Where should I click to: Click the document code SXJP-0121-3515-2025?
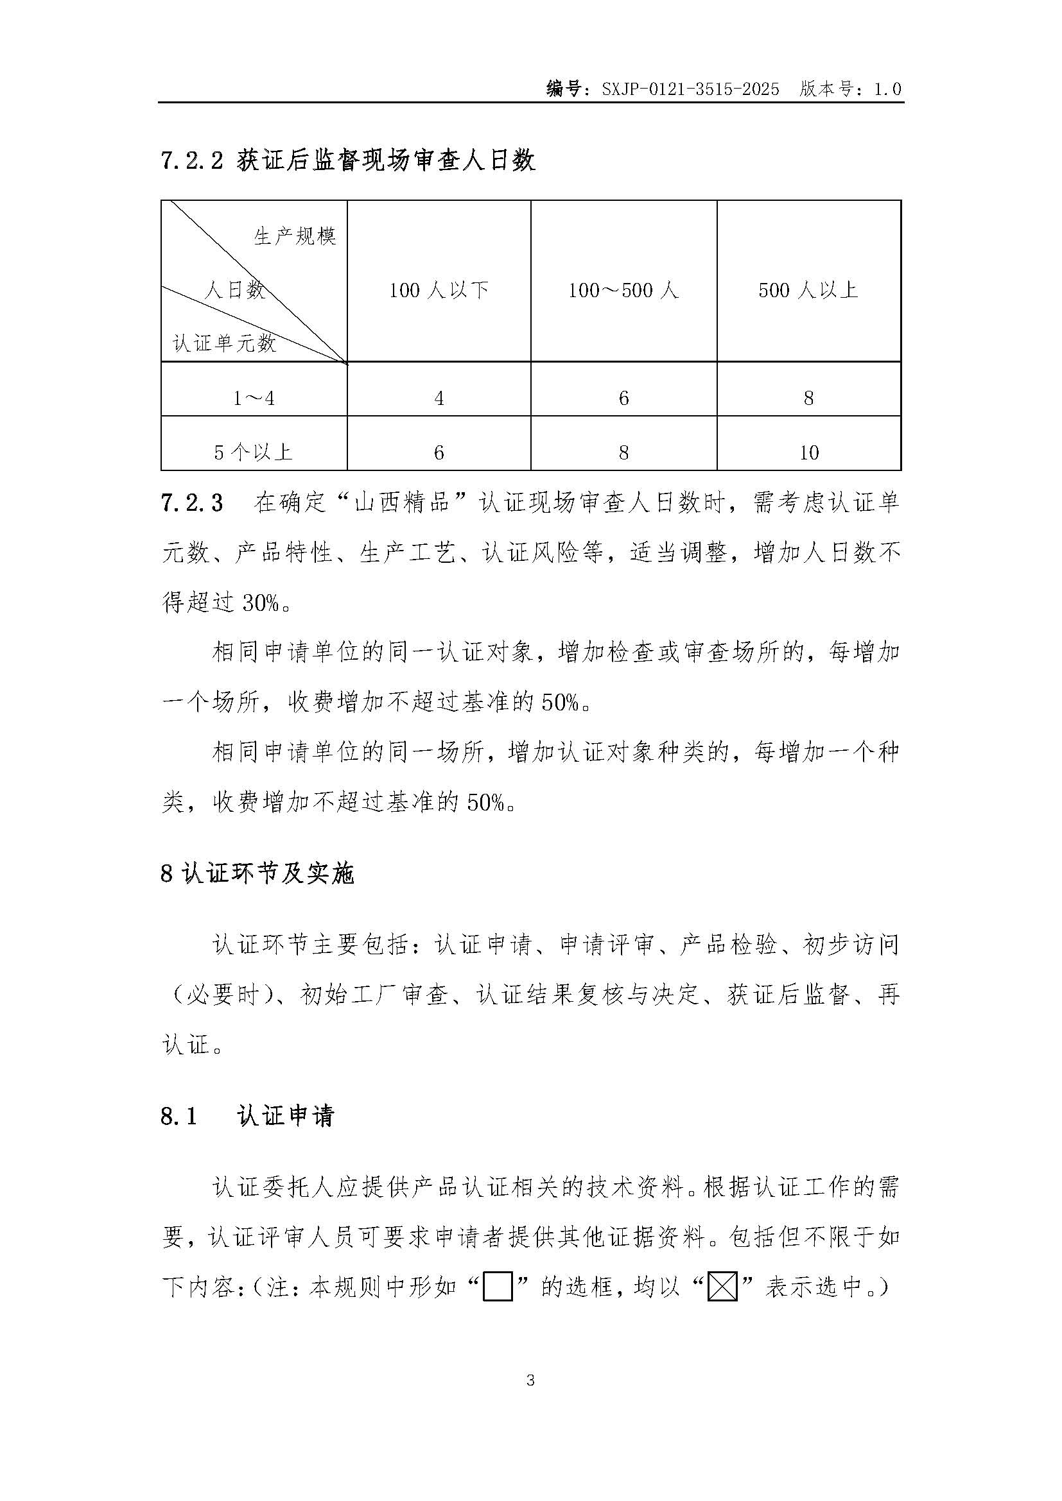(691, 89)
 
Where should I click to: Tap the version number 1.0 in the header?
(887, 89)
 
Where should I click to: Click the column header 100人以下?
(439, 289)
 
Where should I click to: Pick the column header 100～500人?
(623, 289)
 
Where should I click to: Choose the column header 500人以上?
(808, 289)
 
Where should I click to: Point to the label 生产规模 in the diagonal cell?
(295, 236)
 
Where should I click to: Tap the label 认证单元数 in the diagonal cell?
(224, 343)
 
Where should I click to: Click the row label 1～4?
(254, 397)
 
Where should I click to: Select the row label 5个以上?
(253, 452)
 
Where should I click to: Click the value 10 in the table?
(809, 452)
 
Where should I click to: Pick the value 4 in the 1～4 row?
(439, 397)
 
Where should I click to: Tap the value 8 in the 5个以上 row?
(623, 452)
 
